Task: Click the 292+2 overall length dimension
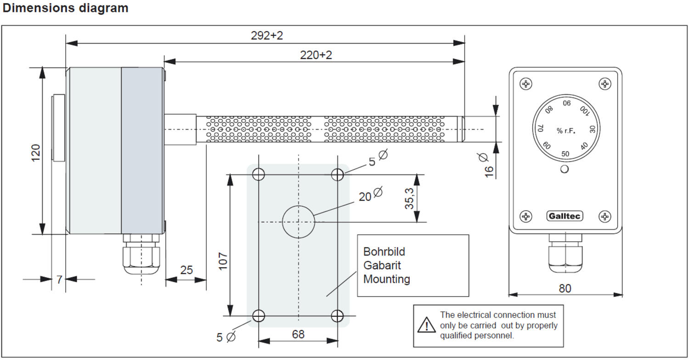pos(267,35)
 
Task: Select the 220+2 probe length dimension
pos(316,55)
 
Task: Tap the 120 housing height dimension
pos(36,152)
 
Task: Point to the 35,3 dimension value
pos(409,199)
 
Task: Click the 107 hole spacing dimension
pos(223,261)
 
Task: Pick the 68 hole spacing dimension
pos(298,334)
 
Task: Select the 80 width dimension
pos(565,288)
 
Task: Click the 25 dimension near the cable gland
pos(186,270)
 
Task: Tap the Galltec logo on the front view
pos(565,216)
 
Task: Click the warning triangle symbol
pos(426,325)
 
